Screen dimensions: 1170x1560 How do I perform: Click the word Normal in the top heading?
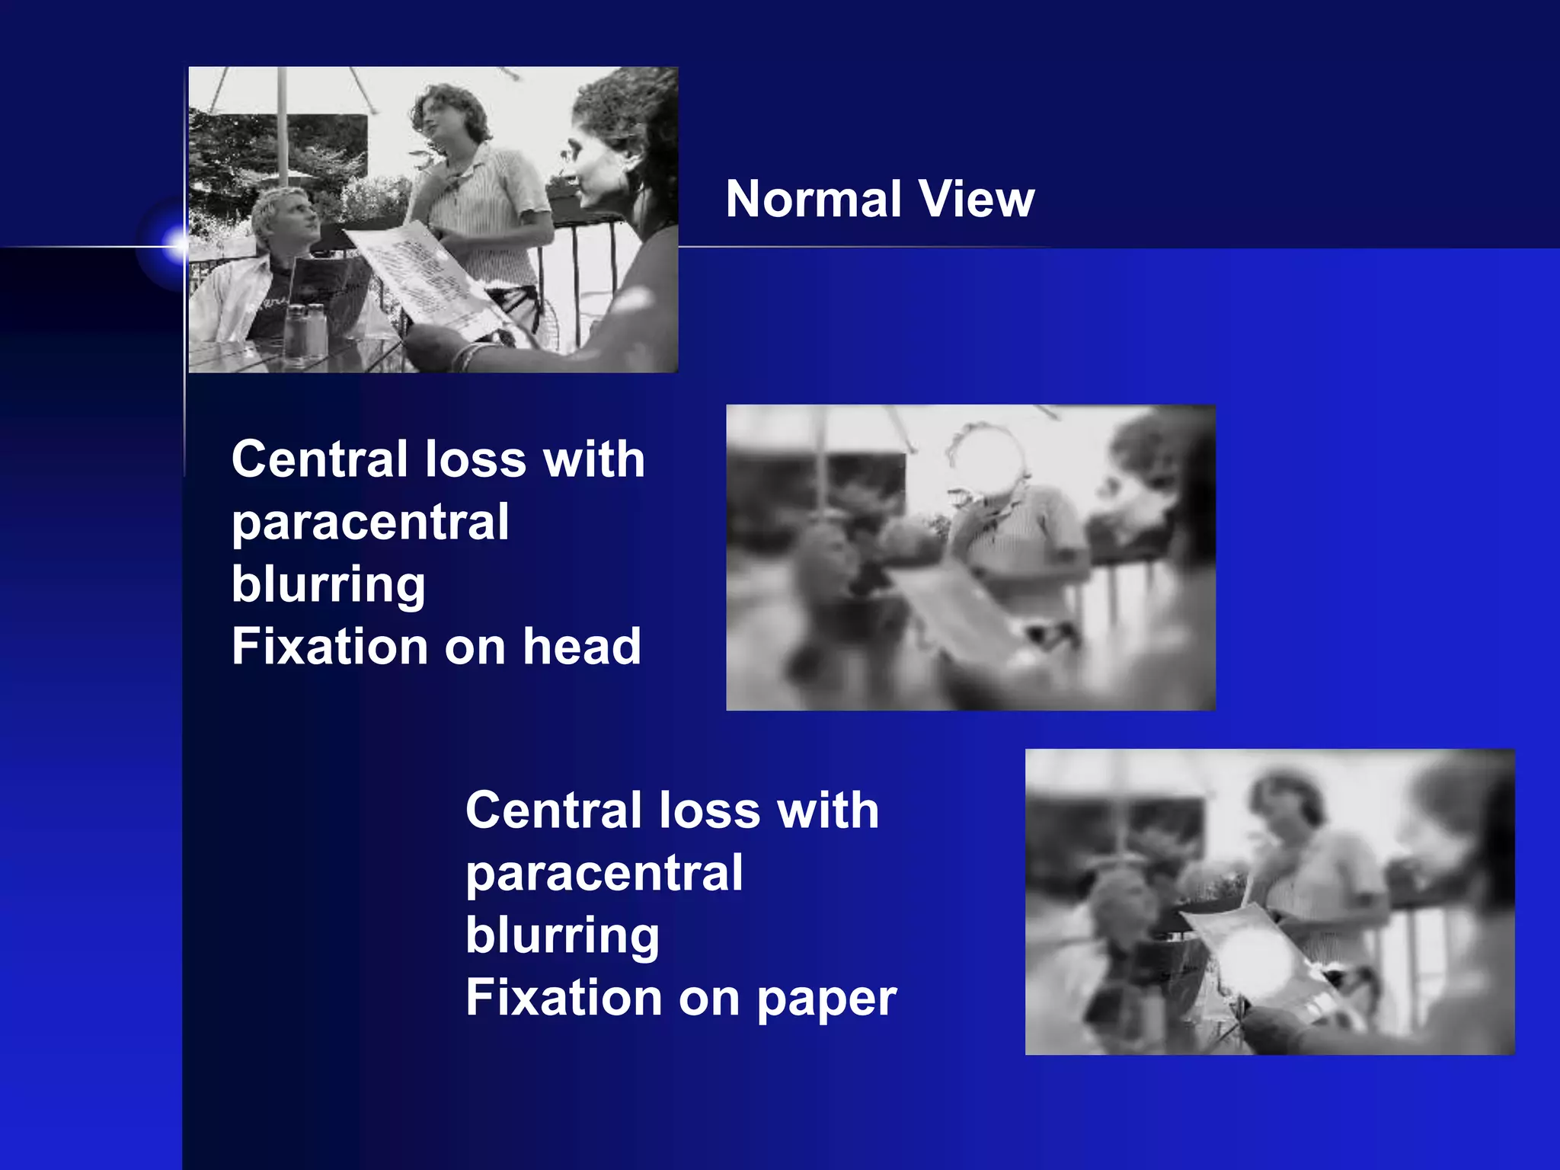click(814, 200)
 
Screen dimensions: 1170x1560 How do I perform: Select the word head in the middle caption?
click(581, 647)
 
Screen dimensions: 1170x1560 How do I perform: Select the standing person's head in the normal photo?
click(446, 114)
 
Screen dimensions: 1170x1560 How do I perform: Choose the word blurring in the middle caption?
click(328, 585)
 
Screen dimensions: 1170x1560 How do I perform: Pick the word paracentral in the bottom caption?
click(604, 873)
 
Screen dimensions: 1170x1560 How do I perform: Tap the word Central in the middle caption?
click(319, 460)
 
